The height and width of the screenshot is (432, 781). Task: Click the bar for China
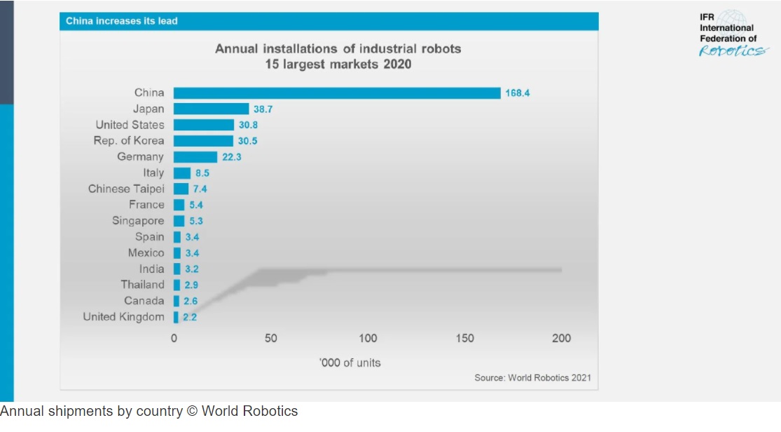337,93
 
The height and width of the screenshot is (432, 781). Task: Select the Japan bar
211,109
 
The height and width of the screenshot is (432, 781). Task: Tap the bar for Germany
195,157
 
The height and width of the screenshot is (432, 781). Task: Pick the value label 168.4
517,93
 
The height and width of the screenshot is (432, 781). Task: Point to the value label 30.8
251,125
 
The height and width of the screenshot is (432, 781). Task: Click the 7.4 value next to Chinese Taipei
200,189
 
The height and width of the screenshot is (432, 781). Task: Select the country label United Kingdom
123,317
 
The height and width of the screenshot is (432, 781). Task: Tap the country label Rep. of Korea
129,141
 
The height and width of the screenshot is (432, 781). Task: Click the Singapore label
138,221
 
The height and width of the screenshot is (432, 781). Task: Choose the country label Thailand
142,285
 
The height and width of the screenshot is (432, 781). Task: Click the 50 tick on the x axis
270,338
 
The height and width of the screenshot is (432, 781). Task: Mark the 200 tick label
561,338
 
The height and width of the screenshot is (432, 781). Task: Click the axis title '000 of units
350,363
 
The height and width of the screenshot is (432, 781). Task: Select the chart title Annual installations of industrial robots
338,49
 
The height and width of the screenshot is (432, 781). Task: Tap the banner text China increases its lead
122,21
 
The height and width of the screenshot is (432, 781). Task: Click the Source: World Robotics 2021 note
532,378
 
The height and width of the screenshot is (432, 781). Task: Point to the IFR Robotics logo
731,34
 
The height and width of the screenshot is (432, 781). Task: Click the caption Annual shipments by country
148,412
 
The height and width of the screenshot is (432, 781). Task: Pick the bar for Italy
182,173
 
